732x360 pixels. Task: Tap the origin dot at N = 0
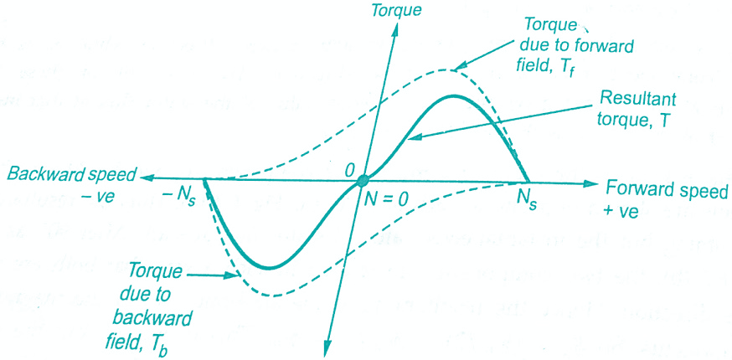pyautogui.click(x=362, y=180)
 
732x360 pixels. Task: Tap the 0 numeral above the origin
pyautogui.click(x=350, y=167)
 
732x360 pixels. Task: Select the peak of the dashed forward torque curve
pyautogui.click(x=447, y=69)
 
